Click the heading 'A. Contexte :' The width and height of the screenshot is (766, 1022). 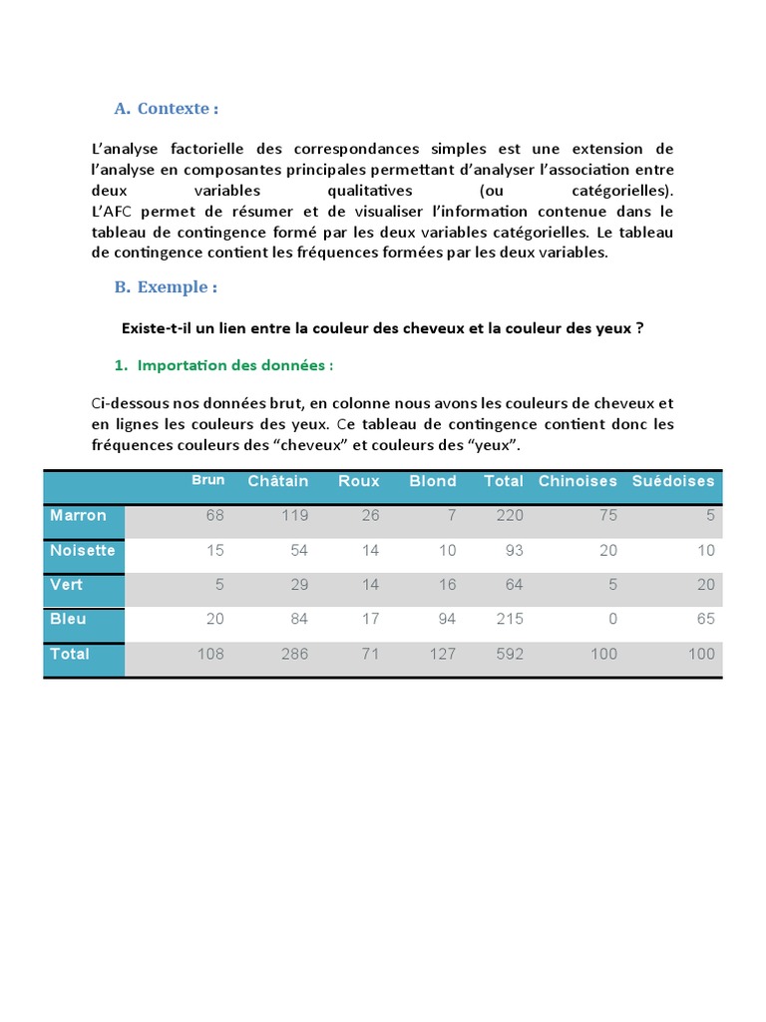point(166,108)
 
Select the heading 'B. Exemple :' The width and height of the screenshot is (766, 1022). point(166,286)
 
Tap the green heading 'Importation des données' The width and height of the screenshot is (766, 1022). point(234,365)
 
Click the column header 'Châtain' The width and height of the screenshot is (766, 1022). point(278,481)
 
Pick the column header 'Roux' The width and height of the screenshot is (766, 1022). point(359,481)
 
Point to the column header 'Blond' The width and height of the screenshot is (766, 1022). point(433,481)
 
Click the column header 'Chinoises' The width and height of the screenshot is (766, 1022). point(577,481)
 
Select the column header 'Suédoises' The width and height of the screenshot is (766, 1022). point(673,481)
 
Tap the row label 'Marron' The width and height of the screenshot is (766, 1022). point(78,515)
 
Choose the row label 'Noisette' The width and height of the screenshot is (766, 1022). point(83,550)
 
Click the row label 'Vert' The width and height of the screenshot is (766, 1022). point(68,585)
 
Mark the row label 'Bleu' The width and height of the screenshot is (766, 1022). point(68,619)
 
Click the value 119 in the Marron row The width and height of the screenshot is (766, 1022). point(294,516)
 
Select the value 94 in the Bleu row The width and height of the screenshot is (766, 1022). point(446,620)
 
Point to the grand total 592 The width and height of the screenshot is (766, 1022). point(510,655)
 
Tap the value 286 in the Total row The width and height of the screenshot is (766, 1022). point(294,655)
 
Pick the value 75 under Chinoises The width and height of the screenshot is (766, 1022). point(607,516)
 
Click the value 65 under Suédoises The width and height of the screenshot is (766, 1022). point(705,620)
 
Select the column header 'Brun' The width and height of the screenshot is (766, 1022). point(208,480)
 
